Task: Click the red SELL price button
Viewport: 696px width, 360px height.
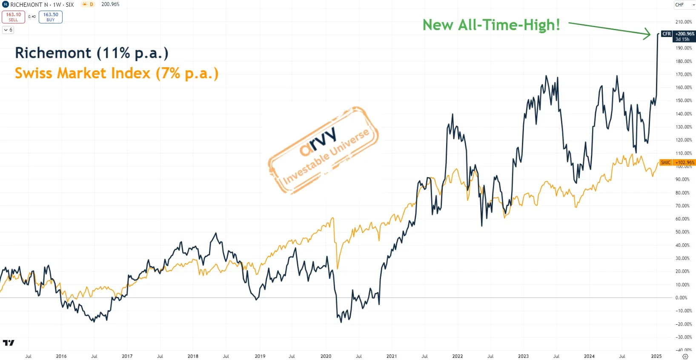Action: pyautogui.click(x=13, y=17)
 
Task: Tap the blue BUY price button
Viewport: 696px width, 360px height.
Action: pyautogui.click(x=51, y=17)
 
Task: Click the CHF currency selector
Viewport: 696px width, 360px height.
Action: pyautogui.click(x=684, y=5)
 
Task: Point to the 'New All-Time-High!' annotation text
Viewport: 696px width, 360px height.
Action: pyautogui.click(x=491, y=25)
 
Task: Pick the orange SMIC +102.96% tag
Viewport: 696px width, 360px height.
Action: pyautogui.click(x=677, y=163)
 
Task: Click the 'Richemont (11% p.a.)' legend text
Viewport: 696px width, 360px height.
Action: pyautogui.click(x=92, y=53)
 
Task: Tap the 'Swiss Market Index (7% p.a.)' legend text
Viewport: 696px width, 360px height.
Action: pyautogui.click(x=116, y=73)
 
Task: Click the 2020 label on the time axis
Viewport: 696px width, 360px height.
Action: pyautogui.click(x=326, y=356)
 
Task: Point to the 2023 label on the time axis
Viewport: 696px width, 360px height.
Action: pyautogui.click(x=523, y=356)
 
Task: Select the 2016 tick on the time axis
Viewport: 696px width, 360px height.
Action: pyautogui.click(x=61, y=356)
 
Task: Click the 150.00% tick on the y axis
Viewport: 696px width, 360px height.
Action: pyautogui.click(x=683, y=101)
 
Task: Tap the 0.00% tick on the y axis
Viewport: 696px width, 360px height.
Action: pyautogui.click(x=681, y=298)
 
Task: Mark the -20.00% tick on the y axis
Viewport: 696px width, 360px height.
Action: pyautogui.click(x=683, y=324)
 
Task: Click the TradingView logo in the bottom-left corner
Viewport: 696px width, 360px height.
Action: pyautogui.click(x=9, y=343)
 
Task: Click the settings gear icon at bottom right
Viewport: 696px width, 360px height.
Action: pyautogui.click(x=685, y=357)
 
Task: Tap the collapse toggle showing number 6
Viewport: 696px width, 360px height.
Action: pyautogui.click(x=8, y=30)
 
